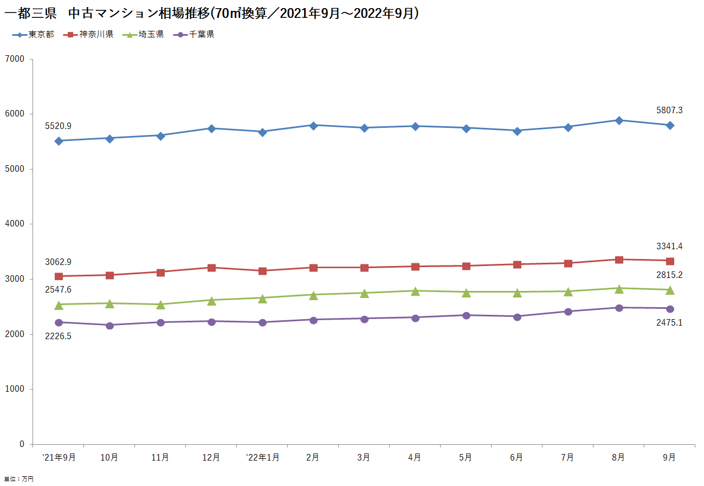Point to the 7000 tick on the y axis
[15, 59]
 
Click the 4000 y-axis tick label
[15, 224]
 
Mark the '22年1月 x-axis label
[262, 457]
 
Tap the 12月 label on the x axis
[211, 457]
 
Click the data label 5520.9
[59, 126]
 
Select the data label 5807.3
[669, 111]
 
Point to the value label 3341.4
[669, 247]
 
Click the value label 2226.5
[59, 336]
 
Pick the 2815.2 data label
[669, 275]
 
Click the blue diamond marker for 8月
[619, 120]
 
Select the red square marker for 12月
[211, 268]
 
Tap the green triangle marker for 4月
[415, 291]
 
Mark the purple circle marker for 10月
[109, 325]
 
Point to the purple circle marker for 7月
[568, 312]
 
